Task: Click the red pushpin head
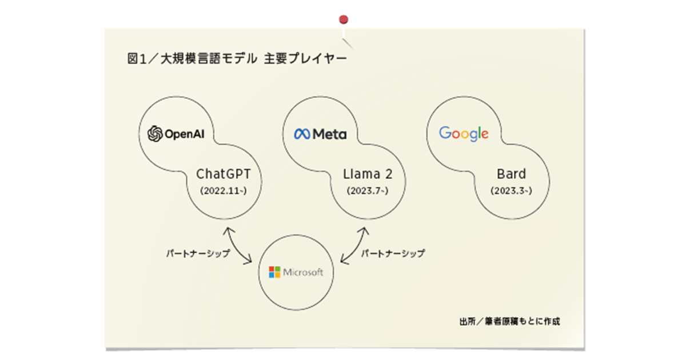pyautogui.click(x=344, y=19)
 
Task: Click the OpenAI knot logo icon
pyautogui.click(x=155, y=134)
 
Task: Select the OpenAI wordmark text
pyautogui.click(x=184, y=134)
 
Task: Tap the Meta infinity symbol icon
pyautogui.click(x=302, y=134)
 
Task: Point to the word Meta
pyautogui.click(x=329, y=134)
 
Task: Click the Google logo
pyautogui.click(x=464, y=134)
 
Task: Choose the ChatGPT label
pyautogui.click(x=224, y=174)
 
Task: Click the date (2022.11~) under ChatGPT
pyautogui.click(x=224, y=191)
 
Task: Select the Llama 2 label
pyautogui.click(x=368, y=174)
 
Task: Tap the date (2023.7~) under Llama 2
pyautogui.click(x=368, y=191)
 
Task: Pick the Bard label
pyautogui.click(x=511, y=174)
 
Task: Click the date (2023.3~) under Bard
pyautogui.click(x=511, y=191)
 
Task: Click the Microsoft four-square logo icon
pyautogui.click(x=274, y=272)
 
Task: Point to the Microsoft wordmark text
pyautogui.click(x=303, y=272)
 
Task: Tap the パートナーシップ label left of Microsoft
pyautogui.click(x=198, y=254)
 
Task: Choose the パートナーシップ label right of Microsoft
pyautogui.click(x=393, y=254)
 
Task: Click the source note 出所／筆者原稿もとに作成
pyautogui.click(x=509, y=321)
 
